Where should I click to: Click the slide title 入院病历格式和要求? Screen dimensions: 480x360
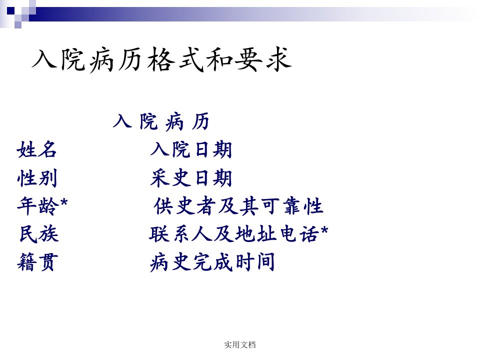[x=161, y=59]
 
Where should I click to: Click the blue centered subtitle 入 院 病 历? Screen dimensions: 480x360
[x=161, y=121]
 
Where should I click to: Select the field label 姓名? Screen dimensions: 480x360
[x=36, y=149]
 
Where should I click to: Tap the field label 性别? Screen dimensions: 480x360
[x=37, y=178]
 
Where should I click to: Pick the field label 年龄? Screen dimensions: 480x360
[x=37, y=205]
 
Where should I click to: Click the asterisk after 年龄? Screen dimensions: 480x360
[x=64, y=202]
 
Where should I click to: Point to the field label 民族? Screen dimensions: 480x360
[x=39, y=234]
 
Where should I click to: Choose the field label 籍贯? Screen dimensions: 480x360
[x=37, y=262]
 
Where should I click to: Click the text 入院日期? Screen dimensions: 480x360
[x=191, y=149]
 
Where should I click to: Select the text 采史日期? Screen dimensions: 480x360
[x=191, y=178]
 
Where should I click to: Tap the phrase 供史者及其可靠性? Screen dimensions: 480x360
[x=238, y=205]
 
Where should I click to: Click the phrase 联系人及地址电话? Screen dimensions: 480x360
[x=234, y=234]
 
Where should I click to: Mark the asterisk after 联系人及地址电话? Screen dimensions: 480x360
[x=324, y=230]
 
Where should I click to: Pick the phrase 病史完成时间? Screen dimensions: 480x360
[x=212, y=262]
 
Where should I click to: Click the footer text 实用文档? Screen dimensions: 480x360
[x=239, y=344]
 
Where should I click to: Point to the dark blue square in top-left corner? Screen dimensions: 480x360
[x=10, y=11]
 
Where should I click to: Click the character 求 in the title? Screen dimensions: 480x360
[x=278, y=59]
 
